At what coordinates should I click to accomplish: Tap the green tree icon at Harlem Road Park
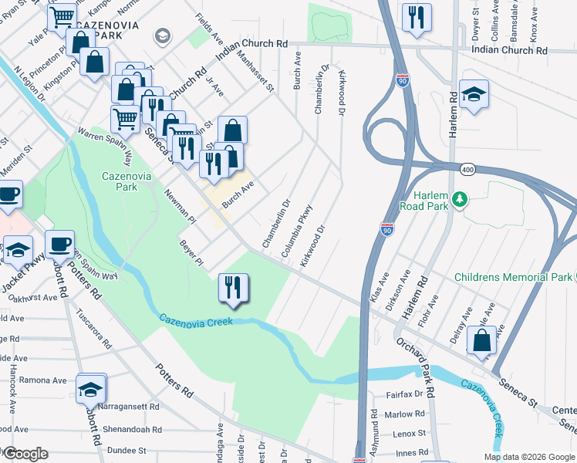click(x=461, y=201)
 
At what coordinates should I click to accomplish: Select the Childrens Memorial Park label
click(x=513, y=277)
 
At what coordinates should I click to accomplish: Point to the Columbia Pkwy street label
click(x=297, y=231)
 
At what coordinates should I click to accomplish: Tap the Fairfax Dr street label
click(x=403, y=394)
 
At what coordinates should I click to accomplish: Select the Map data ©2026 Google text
click(x=529, y=457)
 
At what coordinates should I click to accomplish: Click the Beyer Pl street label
click(x=191, y=253)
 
